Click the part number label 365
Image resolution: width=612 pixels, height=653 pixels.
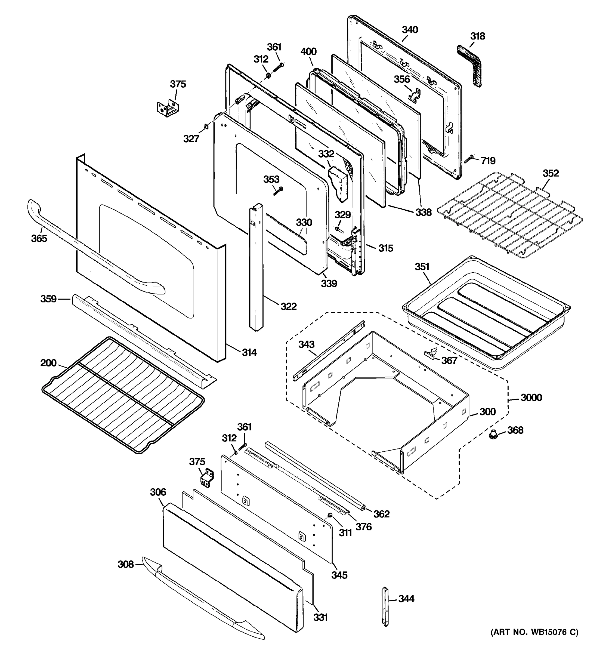pyautogui.click(x=39, y=238)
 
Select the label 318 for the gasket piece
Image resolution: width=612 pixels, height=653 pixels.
pyautogui.click(x=477, y=36)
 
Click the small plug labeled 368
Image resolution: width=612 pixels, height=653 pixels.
pyautogui.click(x=493, y=435)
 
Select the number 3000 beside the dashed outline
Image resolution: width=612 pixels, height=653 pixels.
pyautogui.click(x=531, y=398)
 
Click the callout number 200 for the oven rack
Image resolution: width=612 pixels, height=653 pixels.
pyautogui.click(x=48, y=363)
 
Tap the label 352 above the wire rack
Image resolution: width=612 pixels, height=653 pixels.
pyautogui.click(x=551, y=173)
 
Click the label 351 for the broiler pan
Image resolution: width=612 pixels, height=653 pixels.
pyautogui.click(x=422, y=266)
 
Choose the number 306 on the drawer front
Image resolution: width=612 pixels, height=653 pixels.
pyautogui.click(x=158, y=492)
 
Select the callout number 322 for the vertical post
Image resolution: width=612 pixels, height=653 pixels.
pyautogui.click(x=288, y=306)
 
